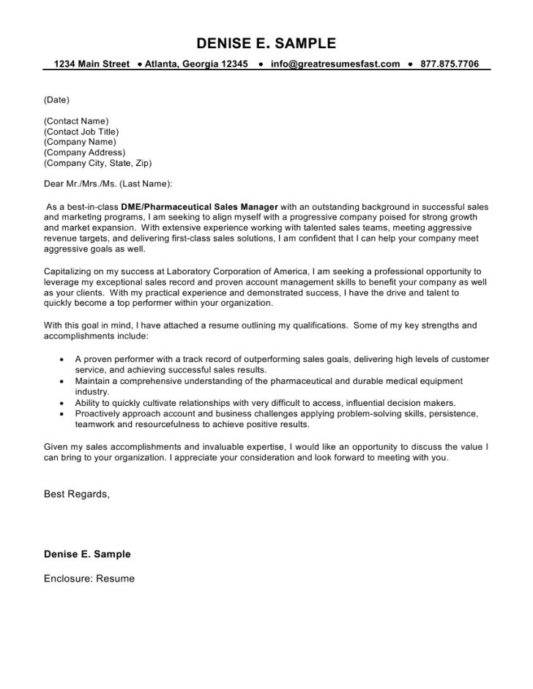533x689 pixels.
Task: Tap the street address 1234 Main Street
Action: click(92, 64)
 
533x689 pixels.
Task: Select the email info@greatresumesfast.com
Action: click(335, 64)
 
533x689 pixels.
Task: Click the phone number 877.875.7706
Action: click(450, 64)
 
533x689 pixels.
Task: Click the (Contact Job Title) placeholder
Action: click(81, 131)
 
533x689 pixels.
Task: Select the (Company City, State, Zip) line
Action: click(98, 163)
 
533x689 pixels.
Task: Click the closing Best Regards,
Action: click(77, 494)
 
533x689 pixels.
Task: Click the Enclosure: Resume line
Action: click(89, 579)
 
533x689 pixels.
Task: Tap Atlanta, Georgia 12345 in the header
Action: click(196, 64)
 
